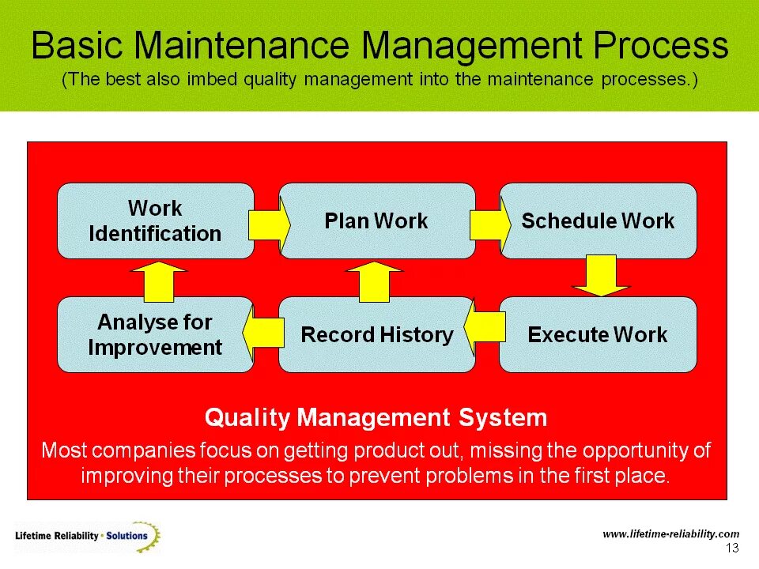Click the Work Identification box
(156, 221)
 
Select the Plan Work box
(376, 221)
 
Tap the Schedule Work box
(598, 221)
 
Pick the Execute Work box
(598, 334)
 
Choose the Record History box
(376, 334)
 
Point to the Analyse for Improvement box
(156, 334)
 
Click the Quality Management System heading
(376, 416)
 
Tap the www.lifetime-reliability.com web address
(670, 534)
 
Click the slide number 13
(731, 548)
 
